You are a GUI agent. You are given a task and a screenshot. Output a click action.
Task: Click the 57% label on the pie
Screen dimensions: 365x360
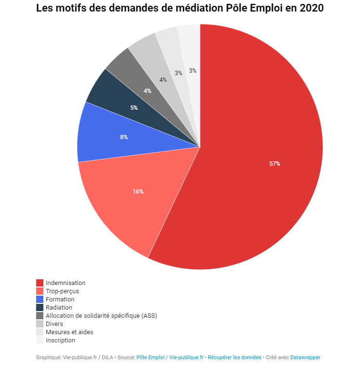click(x=275, y=164)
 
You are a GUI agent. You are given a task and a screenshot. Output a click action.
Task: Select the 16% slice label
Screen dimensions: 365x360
click(x=138, y=192)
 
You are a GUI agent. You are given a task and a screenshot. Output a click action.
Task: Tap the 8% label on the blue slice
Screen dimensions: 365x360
click(x=124, y=137)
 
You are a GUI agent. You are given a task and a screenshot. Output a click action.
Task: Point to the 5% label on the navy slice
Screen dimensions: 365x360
click(x=134, y=108)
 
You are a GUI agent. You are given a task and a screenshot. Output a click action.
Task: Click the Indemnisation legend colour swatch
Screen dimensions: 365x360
click(x=40, y=283)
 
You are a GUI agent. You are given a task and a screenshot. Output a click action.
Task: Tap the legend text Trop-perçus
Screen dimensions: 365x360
click(x=62, y=291)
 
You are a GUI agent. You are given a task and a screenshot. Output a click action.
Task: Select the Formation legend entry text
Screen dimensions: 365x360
click(x=60, y=300)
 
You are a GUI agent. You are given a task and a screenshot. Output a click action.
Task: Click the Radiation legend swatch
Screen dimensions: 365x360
click(x=40, y=308)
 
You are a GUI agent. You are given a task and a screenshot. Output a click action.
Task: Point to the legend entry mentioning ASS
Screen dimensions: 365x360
click(x=101, y=316)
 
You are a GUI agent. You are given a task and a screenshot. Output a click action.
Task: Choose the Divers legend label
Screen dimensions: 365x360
click(x=54, y=324)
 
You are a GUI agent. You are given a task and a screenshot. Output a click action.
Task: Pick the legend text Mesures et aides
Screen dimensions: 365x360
click(x=69, y=332)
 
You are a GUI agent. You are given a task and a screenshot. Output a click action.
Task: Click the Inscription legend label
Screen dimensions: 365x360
click(x=60, y=340)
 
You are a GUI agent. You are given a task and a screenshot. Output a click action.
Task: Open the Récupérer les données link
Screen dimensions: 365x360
click(x=234, y=357)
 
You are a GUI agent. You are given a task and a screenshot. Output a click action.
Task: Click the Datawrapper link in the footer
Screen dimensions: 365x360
click(x=305, y=357)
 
